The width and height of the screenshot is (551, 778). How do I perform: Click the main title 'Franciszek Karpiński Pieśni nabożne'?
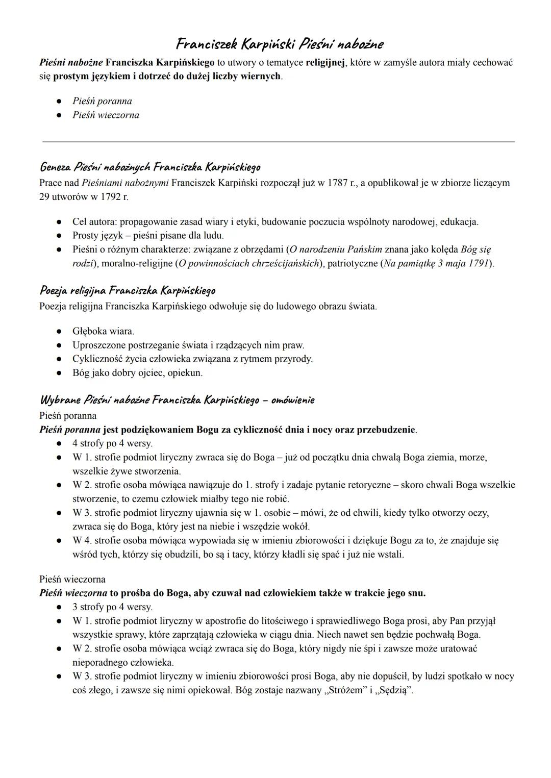point(279,44)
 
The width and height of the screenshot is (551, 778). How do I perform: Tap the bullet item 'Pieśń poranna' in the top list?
point(102,101)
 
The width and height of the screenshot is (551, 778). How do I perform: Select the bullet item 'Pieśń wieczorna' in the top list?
point(106,115)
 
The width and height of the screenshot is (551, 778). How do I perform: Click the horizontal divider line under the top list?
point(279,142)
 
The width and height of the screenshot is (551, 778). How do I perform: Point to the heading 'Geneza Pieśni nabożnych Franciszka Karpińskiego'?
point(150,167)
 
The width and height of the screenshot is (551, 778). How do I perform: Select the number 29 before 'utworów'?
point(44,196)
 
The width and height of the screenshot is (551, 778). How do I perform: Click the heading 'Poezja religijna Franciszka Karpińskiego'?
point(128,291)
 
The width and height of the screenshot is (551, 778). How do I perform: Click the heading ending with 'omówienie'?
point(177,399)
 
